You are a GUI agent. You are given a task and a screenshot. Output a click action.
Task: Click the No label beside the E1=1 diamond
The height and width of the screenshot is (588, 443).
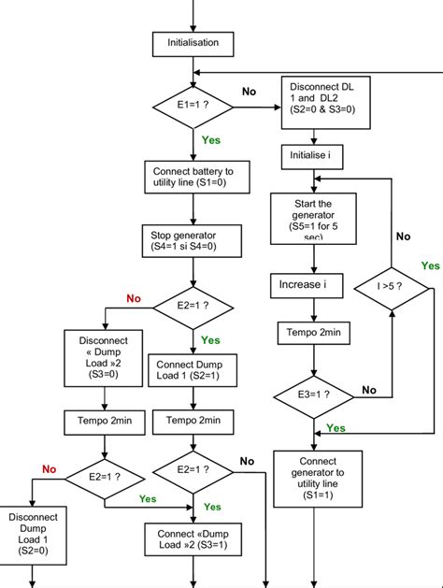click(x=250, y=92)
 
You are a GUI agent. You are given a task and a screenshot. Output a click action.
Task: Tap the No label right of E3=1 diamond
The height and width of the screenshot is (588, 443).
click(x=368, y=389)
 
